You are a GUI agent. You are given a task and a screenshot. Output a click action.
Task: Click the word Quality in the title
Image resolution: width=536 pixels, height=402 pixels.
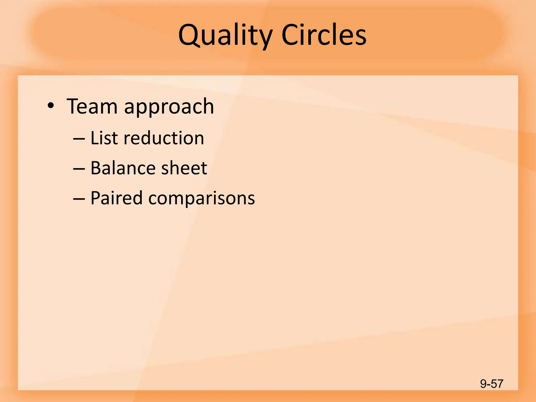pos(225,35)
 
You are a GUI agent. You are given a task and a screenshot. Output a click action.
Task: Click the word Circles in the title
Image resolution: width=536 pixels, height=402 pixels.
pos(324,35)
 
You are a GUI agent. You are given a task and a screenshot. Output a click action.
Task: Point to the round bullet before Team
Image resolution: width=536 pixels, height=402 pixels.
pos(51,106)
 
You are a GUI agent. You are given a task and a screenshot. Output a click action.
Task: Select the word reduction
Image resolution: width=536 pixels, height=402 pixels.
pos(164,138)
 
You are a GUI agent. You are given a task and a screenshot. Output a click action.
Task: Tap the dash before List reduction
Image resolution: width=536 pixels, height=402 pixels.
pos(79,139)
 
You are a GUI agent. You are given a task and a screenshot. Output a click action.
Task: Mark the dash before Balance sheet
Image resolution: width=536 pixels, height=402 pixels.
pos(79,169)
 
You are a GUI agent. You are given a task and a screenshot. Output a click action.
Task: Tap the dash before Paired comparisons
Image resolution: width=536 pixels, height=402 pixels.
pos(79,199)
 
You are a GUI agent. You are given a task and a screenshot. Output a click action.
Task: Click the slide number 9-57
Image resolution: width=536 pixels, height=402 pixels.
pos(492,384)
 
